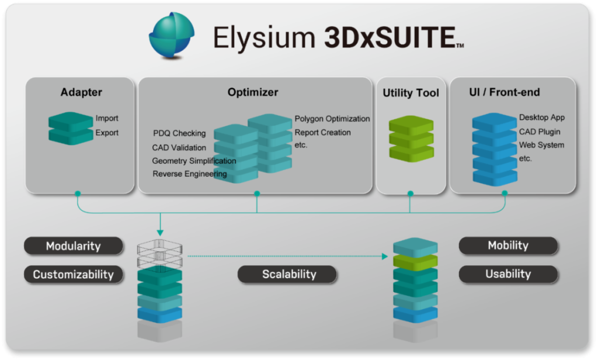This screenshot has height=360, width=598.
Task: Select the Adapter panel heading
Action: click(81, 92)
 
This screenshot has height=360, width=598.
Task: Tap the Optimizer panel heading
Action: click(253, 92)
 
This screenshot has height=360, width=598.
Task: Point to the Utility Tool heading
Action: click(411, 93)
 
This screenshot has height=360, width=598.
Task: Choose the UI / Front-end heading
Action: click(504, 92)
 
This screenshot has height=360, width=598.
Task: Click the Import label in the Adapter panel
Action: click(107, 119)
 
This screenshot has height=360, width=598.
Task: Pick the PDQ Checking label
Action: click(179, 133)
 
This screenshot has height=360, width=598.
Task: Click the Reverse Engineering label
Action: click(190, 174)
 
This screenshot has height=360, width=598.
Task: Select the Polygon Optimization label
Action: click(332, 119)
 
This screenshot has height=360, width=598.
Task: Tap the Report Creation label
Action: click(322, 132)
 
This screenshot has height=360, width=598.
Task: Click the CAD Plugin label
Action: click(539, 131)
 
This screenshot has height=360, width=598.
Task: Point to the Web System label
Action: click(541, 145)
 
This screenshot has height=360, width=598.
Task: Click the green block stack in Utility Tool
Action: click(411, 138)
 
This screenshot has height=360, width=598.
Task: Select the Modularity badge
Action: click(74, 246)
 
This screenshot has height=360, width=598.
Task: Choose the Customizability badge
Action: click(74, 274)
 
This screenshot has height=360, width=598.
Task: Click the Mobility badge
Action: click(508, 245)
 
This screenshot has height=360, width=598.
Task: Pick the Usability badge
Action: click(508, 274)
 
